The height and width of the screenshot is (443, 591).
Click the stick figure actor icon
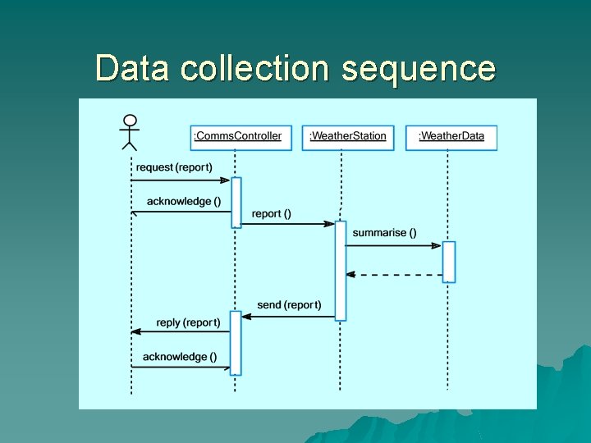pyautogui.click(x=130, y=132)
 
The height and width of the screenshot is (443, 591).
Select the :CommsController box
pyautogui.click(x=237, y=136)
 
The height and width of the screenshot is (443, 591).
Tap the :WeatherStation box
pyautogui.click(x=348, y=136)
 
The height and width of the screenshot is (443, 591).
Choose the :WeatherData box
pyautogui.click(x=451, y=136)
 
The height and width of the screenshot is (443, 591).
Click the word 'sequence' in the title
pyautogui.click(x=418, y=68)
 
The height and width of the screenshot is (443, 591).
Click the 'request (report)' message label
pyautogui.click(x=178, y=167)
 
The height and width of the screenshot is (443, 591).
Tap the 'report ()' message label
pyautogui.click(x=272, y=214)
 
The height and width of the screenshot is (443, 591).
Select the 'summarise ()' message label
pyautogui.click(x=384, y=233)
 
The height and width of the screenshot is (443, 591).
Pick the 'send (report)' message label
pyautogui.click(x=289, y=305)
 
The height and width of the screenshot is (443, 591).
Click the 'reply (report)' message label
pyautogui.click(x=188, y=323)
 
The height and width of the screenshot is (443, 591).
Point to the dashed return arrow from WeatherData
pyautogui.click(x=394, y=275)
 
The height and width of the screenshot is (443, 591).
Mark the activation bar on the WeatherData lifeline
pyautogui.click(x=449, y=262)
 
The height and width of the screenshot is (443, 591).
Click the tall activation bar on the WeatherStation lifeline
pyautogui.click(x=341, y=270)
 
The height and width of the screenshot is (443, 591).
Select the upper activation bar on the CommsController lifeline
pyautogui.click(x=236, y=202)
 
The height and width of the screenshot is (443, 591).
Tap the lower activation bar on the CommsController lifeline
pyautogui.click(x=236, y=342)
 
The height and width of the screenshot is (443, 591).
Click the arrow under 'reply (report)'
pyautogui.click(x=181, y=331)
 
